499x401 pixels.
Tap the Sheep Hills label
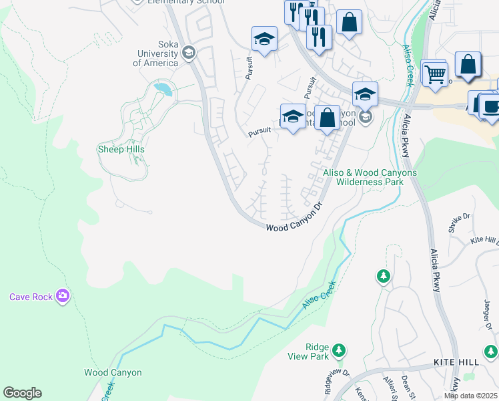121,149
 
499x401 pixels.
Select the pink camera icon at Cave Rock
63,295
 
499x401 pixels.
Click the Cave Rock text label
31,297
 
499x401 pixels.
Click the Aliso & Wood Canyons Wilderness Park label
370,177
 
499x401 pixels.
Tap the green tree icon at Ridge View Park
339,350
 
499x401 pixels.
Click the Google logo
22,393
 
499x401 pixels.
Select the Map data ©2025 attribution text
470,396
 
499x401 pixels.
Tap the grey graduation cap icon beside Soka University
189,52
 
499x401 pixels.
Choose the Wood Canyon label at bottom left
113,372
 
